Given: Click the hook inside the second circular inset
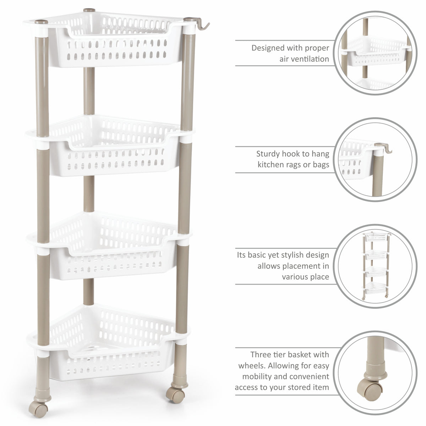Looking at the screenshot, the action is pyautogui.click(x=384, y=147).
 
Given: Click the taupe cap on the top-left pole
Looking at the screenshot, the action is pyautogui.click(x=41, y=22).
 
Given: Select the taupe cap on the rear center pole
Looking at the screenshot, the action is pyautogui.click(x=89, y=10).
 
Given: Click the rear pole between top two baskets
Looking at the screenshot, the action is pyautogui.click(x=89, y=91).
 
